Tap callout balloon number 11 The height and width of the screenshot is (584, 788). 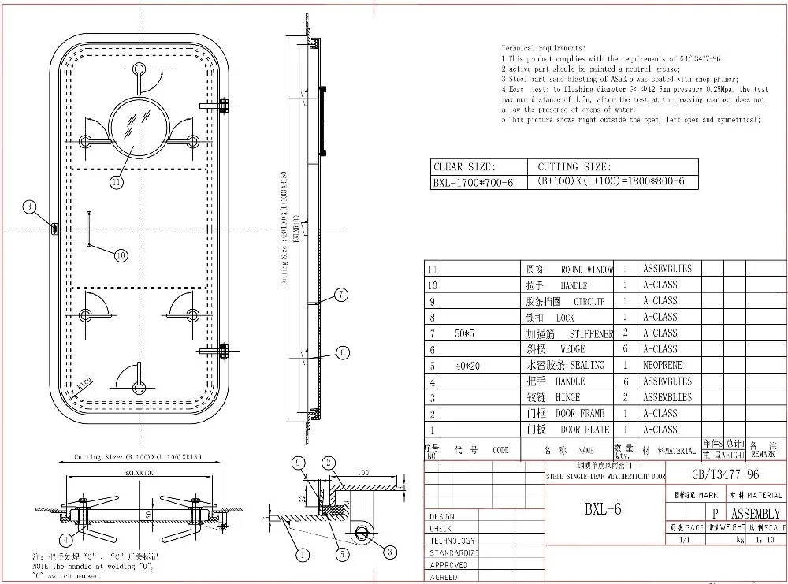pos(117,182)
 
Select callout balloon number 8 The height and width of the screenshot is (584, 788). pos(30,207)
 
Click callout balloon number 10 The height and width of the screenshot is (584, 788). pos(121,255)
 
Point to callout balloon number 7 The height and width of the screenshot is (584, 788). pos(340,296)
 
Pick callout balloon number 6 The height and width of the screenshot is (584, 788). pos(343,352)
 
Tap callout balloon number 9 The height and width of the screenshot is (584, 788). pos(298,463)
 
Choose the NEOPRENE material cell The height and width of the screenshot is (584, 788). pos(662,365)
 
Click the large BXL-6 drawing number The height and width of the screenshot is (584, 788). pos(603,509)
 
